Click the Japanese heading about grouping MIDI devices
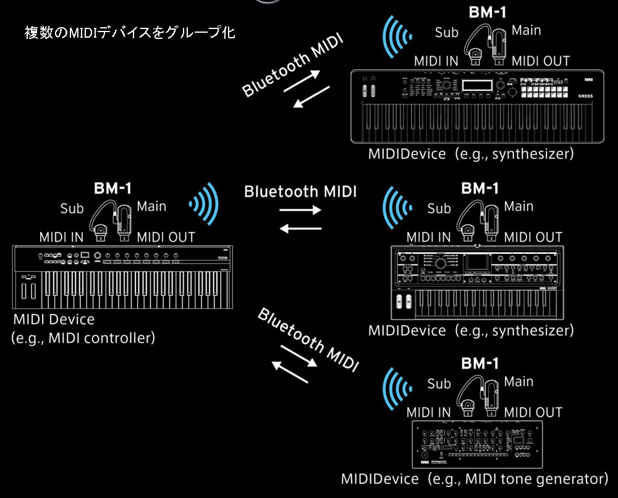point(129,32)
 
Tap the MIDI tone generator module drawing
point(476,444)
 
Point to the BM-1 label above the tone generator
point(480,363)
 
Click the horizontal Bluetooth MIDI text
point(300,191)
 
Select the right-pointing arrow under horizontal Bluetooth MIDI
point(300,209)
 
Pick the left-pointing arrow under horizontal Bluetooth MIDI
point(300,229)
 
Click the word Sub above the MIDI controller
point(72,209)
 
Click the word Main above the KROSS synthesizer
point(527,30)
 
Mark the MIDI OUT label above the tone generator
point(533,412)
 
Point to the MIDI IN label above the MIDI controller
point(62,237)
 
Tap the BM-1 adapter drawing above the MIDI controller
point(112,220)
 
